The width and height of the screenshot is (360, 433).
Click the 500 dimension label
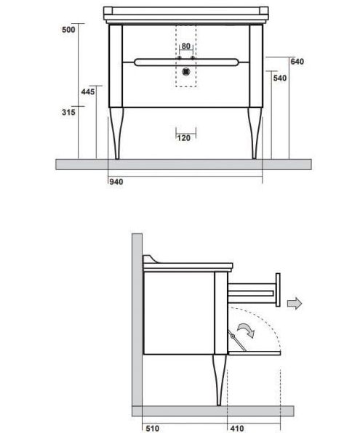68,29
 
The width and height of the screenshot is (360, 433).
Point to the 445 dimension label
88,92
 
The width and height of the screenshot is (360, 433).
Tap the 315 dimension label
68,112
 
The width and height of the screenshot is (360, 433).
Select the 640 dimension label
297,62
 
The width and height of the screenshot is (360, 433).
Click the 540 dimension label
280,78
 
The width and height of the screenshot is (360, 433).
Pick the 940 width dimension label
116,182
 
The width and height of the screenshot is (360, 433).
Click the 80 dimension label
185,46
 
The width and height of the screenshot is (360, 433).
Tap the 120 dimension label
183,138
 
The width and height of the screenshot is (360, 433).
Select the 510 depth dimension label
152,429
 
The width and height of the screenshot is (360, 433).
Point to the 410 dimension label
237,429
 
